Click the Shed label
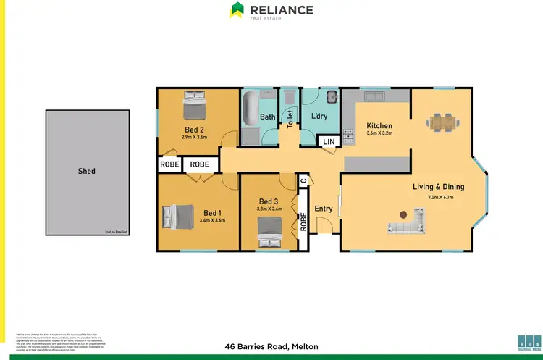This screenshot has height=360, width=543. tap(87, 172)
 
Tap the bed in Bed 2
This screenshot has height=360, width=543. tap(195, 106)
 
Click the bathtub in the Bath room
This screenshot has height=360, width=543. tap(251, 109)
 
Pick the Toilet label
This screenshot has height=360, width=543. tap(290, 119)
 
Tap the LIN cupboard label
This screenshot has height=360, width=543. tap(329, 142)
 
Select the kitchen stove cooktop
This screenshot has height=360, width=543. tap(347, 135)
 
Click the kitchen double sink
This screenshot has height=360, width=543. tap(375, 95)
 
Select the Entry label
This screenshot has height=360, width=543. tap(324, 209)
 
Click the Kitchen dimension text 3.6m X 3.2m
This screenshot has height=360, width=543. tap(379, 133)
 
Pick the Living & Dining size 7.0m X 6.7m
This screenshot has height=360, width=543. tap(438, 197)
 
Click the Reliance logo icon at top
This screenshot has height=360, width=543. tap(237, 10)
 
